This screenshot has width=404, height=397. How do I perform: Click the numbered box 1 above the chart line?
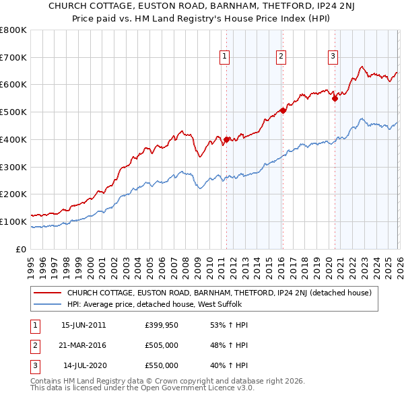(224, 57)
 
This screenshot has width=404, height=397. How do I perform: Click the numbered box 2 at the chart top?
(280, 57)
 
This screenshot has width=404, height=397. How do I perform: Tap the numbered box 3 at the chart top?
(333, 57)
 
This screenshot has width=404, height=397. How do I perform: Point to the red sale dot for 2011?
(226, 139)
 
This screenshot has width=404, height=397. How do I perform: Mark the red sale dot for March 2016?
(283, 110)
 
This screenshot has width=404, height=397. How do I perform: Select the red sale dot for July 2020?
(335, 98)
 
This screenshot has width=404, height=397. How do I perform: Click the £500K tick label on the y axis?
(13, 112)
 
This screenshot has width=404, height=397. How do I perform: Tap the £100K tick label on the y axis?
(13, 221)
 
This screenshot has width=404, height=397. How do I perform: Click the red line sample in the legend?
(47, 293)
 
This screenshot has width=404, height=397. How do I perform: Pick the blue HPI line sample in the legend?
(47, 303)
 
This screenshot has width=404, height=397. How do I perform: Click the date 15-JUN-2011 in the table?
(83, 326)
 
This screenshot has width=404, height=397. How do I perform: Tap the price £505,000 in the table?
(162, 346)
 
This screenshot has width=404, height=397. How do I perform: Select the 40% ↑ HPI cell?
(230, 366)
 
